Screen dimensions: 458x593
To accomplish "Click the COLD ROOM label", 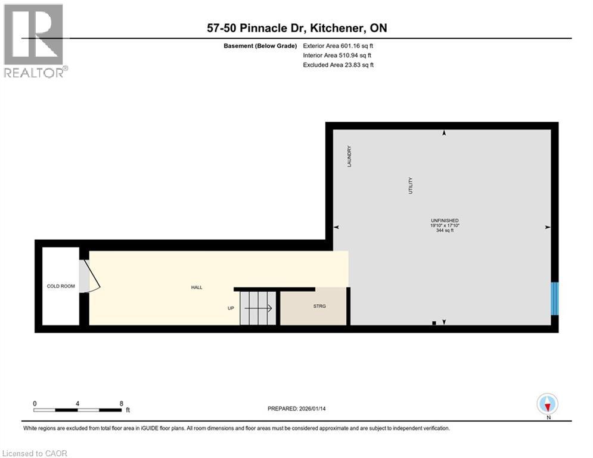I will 61,286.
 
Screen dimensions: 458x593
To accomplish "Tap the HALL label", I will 197,287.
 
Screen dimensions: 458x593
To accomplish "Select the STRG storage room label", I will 320,307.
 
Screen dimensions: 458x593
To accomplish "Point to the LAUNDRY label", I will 350,156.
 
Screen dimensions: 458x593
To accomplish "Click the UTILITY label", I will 410,185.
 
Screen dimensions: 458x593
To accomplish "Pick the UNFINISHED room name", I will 445,220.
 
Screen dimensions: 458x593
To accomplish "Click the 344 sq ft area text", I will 445,231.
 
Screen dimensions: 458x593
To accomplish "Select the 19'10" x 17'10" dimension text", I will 445,225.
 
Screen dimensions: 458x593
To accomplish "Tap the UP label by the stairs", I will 231,308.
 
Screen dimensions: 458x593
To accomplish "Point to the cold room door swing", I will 91,276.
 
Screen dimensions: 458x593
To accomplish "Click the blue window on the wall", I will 555,298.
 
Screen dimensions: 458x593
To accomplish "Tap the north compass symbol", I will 547,404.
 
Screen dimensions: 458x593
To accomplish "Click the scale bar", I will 77,410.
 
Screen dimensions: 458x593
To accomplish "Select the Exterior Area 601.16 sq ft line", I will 338,45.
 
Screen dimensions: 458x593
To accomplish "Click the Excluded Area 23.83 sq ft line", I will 338,65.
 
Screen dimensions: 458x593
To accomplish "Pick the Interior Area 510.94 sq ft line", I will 338,55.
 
